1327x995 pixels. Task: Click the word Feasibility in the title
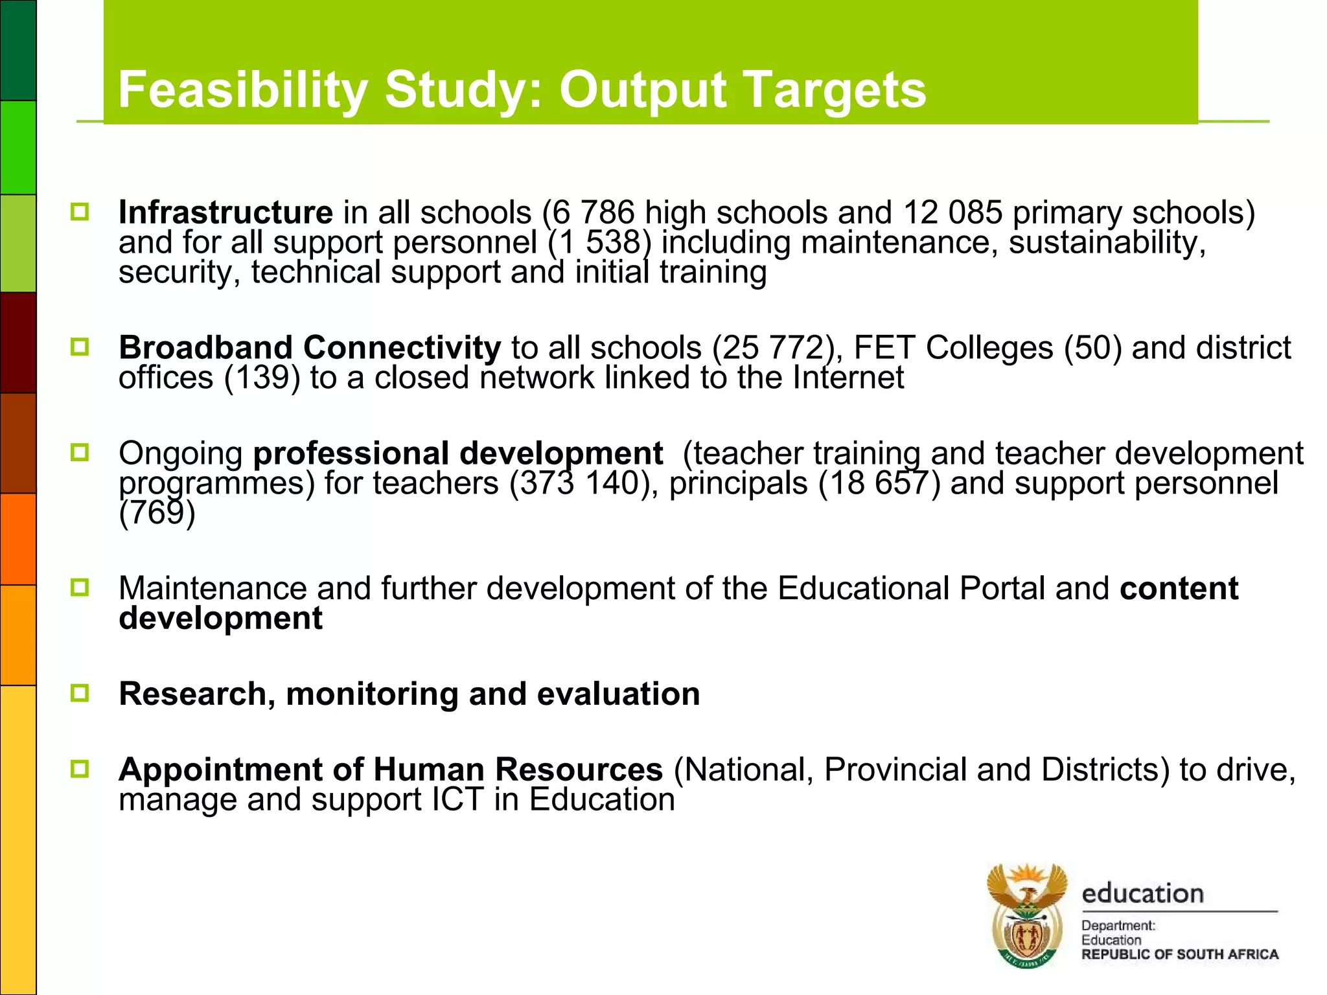pyautogui.click(x=242, y=90)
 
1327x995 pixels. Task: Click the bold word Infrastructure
pyautogui.click(x=225, y=212)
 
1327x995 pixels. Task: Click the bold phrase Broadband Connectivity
pyautogui.click(x=310, y=347)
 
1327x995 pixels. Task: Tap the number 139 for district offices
pyautogui.click(x=262, y=377)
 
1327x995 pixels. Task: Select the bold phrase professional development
pyautogui.click(x=457, y=453)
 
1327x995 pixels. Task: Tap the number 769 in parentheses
pyautogui.click(x=157, y=513)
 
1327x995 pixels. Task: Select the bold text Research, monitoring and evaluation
pyautogui.click(x=409, y=694)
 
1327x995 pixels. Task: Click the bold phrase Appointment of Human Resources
pyautogui.click(x=391, y=770)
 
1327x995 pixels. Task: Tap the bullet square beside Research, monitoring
pyautogui.click(x=80, y=693)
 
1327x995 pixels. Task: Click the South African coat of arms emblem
pyautogui.click(x=1026, y=915)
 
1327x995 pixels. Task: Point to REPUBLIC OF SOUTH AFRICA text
pyautogui.click(x=1179, y=954)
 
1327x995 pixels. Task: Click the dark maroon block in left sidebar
pyautogui.click(x=18, y=342)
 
